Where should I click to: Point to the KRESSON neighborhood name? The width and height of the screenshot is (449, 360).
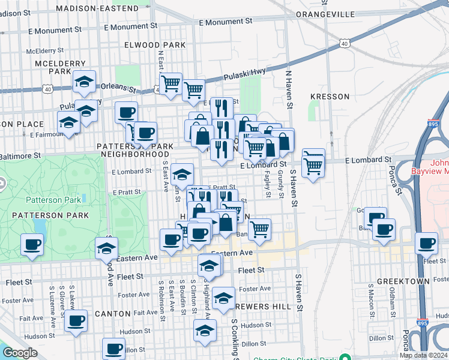[330, 97]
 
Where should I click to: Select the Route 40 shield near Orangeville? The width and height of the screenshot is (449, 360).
[343, 43]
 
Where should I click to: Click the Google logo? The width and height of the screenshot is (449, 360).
[20, 353]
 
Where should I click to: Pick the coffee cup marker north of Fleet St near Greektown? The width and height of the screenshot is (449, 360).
[426, 243]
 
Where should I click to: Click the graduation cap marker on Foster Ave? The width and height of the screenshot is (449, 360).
[224, 298]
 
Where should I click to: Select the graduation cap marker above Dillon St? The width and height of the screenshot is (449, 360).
[205, 330]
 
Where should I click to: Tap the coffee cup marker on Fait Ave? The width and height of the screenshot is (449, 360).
[76, 321]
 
